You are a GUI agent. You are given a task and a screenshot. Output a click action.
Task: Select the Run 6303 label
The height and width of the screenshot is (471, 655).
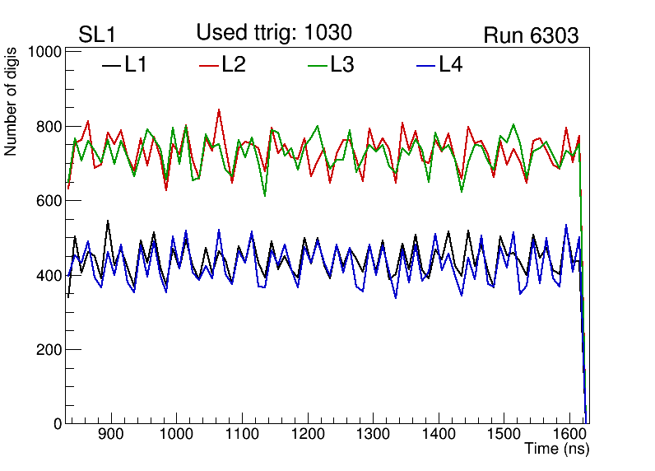pos(531,35)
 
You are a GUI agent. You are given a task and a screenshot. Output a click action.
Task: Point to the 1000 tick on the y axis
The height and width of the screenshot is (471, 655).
pos(46,52)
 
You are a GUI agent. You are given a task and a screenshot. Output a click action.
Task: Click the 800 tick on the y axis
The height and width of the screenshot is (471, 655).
pos(49,127)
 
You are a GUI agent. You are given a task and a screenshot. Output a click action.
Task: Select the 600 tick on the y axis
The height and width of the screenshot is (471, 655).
pos(49,201)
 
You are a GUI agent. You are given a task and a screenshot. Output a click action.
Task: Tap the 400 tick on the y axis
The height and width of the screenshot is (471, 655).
pos(49,275)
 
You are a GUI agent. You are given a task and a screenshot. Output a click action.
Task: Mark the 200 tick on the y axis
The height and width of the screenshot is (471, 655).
pos(49,349)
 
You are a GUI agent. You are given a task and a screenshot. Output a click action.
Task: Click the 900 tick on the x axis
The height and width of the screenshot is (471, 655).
pos(109,435)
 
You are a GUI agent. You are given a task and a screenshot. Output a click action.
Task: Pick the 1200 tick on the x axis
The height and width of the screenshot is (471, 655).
pos(306,435)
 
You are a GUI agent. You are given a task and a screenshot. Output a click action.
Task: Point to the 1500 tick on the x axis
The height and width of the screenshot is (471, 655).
pos(503,435)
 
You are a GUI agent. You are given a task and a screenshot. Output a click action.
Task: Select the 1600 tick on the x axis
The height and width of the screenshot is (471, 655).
pos(568,435)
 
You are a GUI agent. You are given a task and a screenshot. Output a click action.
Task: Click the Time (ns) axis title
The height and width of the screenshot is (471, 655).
pos(557,450)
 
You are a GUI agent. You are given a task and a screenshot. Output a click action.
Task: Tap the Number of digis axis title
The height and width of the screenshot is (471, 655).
pos(12,101)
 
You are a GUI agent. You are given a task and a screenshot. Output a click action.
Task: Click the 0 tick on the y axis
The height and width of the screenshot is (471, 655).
pos(58,423)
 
